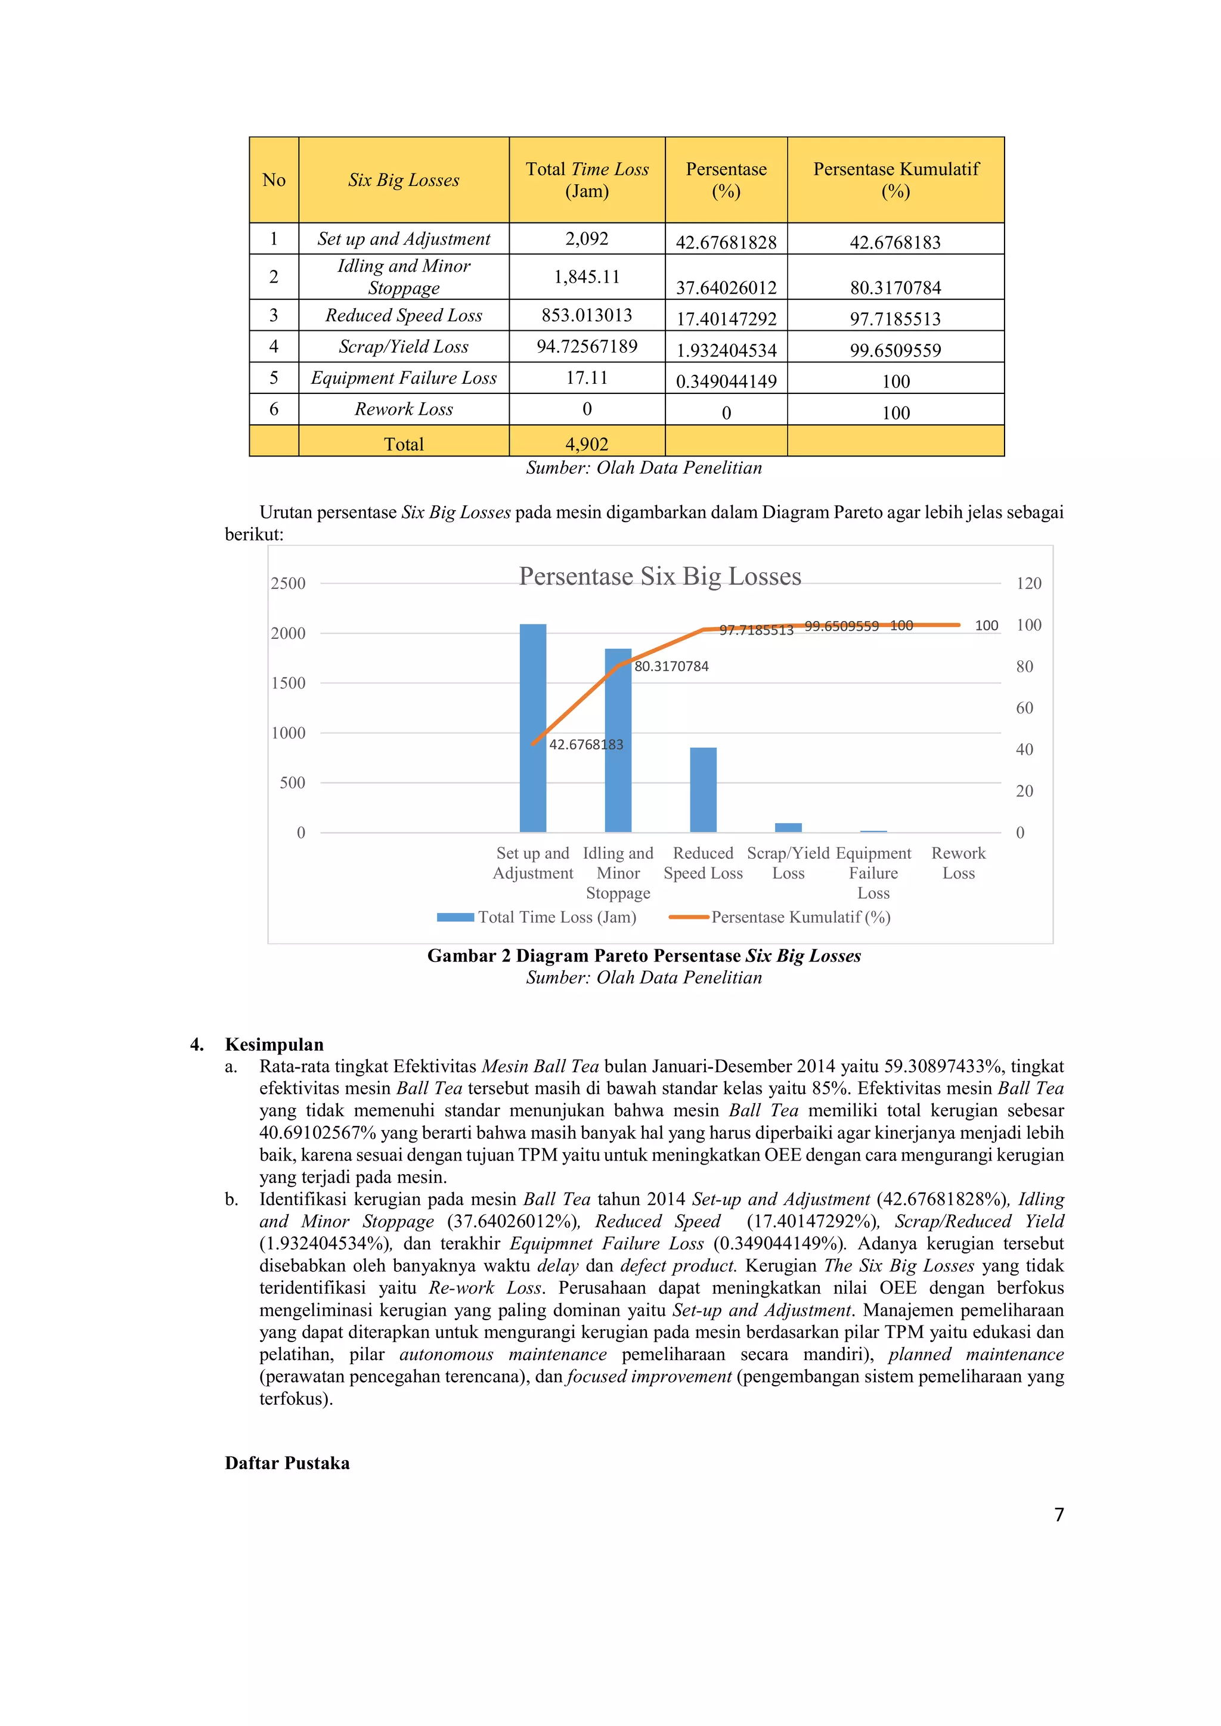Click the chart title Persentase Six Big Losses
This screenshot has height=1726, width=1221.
[659, 576]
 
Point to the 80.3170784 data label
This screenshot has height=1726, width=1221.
[671, 667]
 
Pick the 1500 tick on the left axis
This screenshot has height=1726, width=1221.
[288, 684]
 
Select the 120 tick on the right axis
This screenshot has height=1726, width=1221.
[1028, 583]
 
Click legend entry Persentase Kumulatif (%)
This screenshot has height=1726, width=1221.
[800, 917]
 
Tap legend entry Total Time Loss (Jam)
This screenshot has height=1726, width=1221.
[556, 917]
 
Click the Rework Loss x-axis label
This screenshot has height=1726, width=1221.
[958, 863]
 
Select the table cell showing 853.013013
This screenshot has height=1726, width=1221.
[587, 315]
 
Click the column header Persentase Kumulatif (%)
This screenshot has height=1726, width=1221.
[895, 179]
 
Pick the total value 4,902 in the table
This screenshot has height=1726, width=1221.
[587, 444]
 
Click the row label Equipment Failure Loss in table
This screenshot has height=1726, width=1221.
[404, 378]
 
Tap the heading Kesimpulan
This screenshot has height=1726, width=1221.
[274, 1044]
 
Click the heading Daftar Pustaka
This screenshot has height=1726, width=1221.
[287, 1463]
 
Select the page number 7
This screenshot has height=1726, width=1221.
[1059, 1515]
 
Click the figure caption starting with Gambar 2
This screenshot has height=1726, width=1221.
[643, 956]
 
